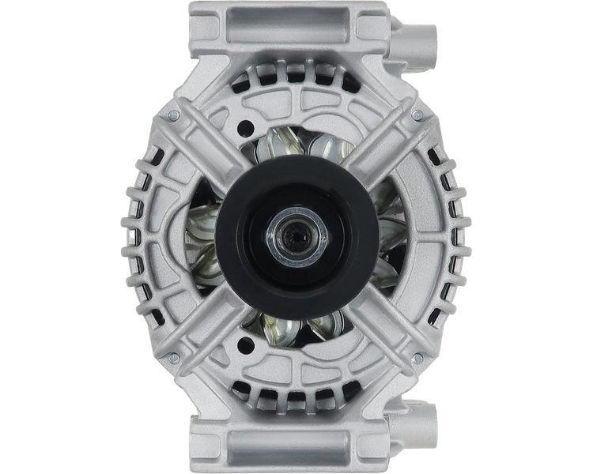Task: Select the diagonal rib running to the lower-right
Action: (x=380, y=316)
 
